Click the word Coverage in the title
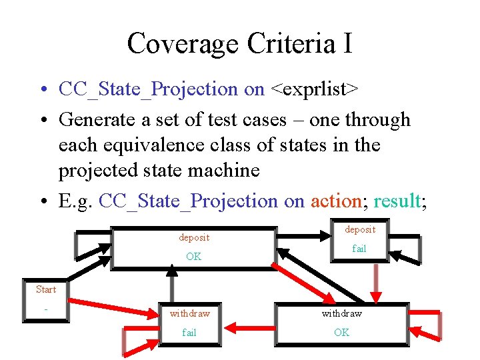(x=183, y=44)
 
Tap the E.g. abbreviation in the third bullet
(x=76, y=201)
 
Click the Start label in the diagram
(x=45, y=289)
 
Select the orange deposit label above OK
(x=194, y=237)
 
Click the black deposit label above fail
(x=360, y=229)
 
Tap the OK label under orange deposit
(x=194, y=257)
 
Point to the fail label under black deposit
(x=360, y=249)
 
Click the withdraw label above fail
(x=190, y=313)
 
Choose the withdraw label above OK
(x=341, y=313)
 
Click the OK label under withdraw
(x=341, y=332)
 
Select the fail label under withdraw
(x=190, y=332)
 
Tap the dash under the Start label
(x=45, y=309)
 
